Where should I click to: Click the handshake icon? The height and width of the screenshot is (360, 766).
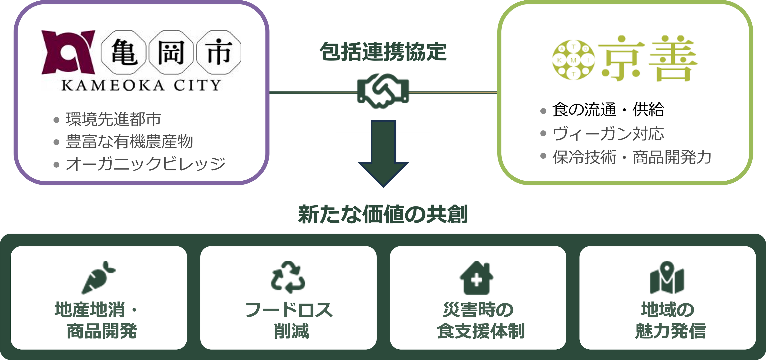tap(383, 91)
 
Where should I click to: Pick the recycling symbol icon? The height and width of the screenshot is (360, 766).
tap(288, 277)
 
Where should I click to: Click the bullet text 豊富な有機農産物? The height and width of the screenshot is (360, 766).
tap(129, 142)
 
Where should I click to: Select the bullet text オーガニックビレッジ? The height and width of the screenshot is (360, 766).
tap(145, 164)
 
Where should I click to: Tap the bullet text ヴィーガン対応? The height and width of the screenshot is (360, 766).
tap(608, 134)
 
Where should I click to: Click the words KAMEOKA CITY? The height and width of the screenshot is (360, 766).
tap(141, 85)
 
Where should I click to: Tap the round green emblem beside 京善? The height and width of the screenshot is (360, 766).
tap(573, 60)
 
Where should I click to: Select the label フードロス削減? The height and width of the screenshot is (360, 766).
tap(289, 320)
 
